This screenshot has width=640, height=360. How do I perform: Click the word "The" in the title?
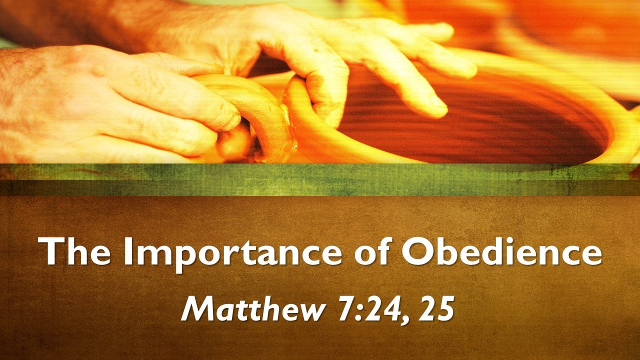tap(74, 251)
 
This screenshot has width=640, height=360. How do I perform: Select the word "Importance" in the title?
tap(232, 255)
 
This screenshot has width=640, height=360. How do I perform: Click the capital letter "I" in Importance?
tap(128, 251)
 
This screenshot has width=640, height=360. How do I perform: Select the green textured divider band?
tap(320, 179)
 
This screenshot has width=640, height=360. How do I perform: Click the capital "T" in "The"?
tap(50, 251)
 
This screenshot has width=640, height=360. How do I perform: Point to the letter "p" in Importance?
tap(182, 258)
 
